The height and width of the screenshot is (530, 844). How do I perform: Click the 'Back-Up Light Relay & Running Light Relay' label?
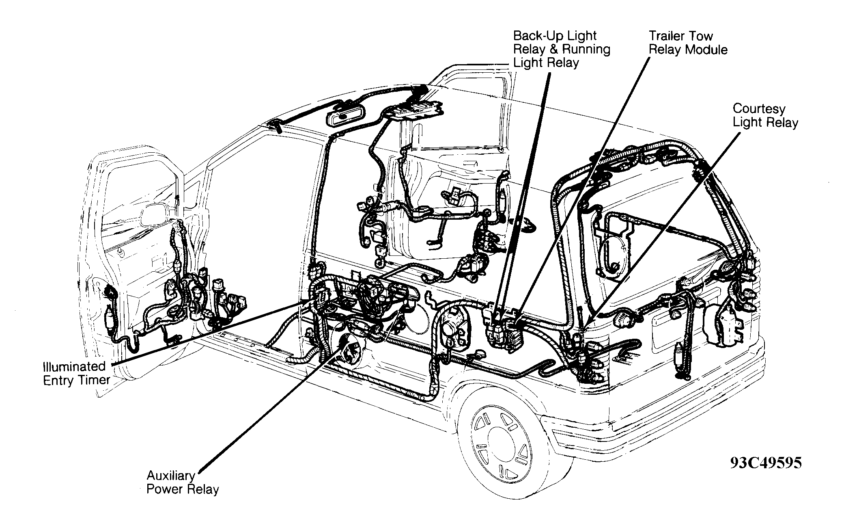click(562, 49)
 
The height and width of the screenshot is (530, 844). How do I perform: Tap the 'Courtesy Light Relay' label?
click(765, 115)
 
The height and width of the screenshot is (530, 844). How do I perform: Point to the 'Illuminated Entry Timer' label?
click(77, 373)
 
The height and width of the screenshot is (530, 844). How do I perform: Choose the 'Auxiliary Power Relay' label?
click(183, 482)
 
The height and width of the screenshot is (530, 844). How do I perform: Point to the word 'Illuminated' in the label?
click(74, 366)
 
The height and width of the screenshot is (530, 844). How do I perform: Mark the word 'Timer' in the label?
click(95, 380)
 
